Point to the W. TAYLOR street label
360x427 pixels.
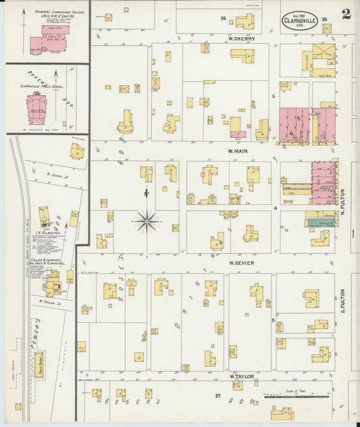[240, 376]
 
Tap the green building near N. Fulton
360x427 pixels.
[321, 222]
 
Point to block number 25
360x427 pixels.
[223, 18]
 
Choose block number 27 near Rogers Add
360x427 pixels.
[217, 395]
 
